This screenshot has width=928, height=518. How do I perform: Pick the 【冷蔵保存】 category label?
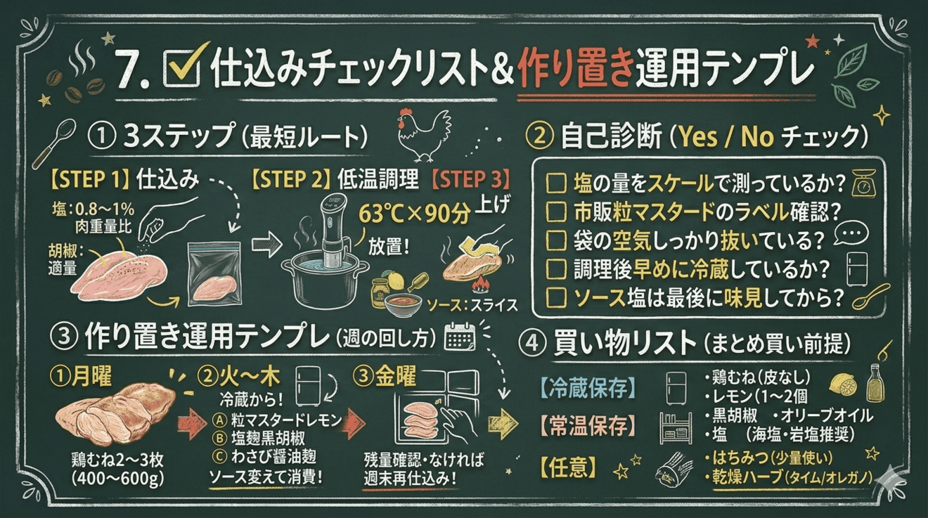(x=579, y=387)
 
